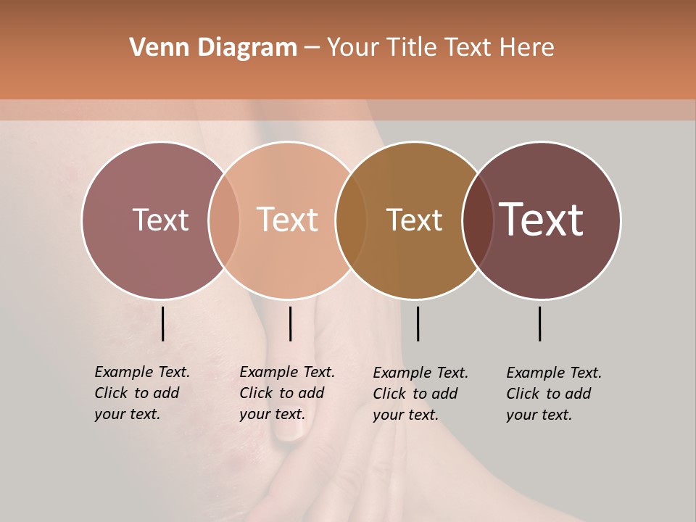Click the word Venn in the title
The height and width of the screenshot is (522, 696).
coord(154,47)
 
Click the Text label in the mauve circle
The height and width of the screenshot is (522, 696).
coord(160,220)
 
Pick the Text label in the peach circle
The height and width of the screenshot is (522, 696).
coord(287,220)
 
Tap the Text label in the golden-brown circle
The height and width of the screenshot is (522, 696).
coord(414,220)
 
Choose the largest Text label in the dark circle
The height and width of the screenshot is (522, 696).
coord(541,220)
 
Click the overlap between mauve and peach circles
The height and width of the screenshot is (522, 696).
coord(224,220)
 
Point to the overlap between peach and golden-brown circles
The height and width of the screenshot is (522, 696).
coord(351,220)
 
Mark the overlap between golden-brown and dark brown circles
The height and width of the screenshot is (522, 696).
coord(478,220)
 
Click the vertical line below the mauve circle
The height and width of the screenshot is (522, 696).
coord(163,323)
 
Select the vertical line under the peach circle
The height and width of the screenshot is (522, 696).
coord(290,323)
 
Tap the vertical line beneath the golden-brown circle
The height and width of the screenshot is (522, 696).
coord(418,323)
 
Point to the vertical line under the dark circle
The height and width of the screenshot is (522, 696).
coord(540,323)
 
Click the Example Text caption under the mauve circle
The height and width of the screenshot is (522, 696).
coord(142,393)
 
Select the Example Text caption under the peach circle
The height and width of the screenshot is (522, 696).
coord(287,393)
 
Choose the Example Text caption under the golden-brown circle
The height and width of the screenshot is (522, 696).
coord(420,394)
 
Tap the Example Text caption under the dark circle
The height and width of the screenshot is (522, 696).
coord(554,394)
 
